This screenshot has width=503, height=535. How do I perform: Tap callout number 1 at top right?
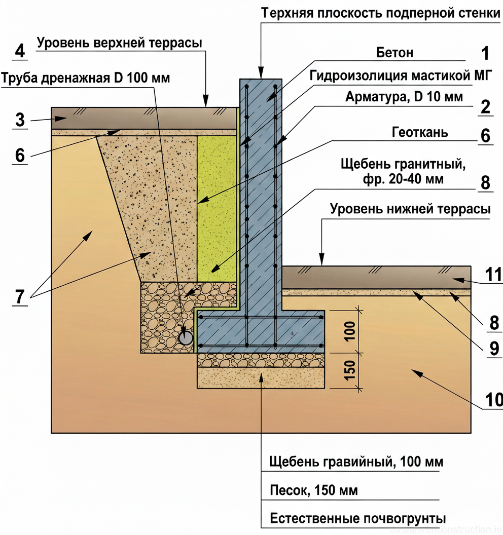click(485, 54)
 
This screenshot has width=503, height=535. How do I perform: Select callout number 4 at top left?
click(20, 51)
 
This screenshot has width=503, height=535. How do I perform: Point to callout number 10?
click(493, 400)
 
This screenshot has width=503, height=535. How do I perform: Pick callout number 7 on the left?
click(20, 297)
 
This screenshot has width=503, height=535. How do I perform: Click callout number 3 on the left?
click(20, 121)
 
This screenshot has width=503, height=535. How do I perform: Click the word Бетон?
click(395, 53)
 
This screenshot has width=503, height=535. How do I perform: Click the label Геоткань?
click(420, 132)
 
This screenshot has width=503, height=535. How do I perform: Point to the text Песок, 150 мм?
click(313, 490)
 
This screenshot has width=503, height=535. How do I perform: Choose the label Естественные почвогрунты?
click(358, 519)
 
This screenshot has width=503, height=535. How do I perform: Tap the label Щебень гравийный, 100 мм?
click(356, 462)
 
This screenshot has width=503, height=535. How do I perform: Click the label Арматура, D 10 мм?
click(404, 97)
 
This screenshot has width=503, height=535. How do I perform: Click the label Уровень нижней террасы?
click(410, 209)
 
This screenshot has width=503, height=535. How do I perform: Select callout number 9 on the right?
click(493, 349)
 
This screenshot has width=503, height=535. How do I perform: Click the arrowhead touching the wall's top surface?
click(261, 74)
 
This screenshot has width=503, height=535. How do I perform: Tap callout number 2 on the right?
click(485, 107)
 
